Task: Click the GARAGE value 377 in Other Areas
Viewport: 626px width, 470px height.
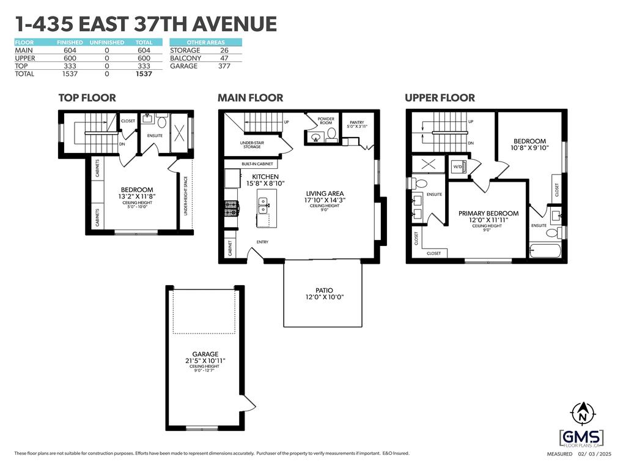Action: point(224,66)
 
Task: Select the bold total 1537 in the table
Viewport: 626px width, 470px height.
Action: point(144,74)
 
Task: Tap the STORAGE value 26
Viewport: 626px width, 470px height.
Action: point(224,50)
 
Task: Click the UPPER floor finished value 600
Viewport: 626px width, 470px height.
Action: point(70,58)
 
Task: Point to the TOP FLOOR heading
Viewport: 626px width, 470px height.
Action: point(87,98)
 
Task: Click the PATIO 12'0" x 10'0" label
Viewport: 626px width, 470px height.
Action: point(324,294)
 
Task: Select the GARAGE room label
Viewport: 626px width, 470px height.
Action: point(205,354)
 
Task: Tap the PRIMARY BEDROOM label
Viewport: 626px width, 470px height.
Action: point(488,214)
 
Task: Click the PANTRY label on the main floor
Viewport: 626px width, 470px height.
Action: point(356,122)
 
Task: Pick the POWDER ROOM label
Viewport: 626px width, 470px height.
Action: point(326,121)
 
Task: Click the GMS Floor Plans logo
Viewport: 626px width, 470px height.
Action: point(582,439)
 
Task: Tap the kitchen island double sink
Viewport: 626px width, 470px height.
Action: point(263,204)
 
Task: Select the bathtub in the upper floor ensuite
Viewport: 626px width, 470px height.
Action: point(545,250)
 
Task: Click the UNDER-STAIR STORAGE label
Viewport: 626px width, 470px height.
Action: point(252,144)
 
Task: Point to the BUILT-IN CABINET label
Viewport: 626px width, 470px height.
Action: point(257,164)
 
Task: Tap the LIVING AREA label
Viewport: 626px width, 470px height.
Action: point(325,193)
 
